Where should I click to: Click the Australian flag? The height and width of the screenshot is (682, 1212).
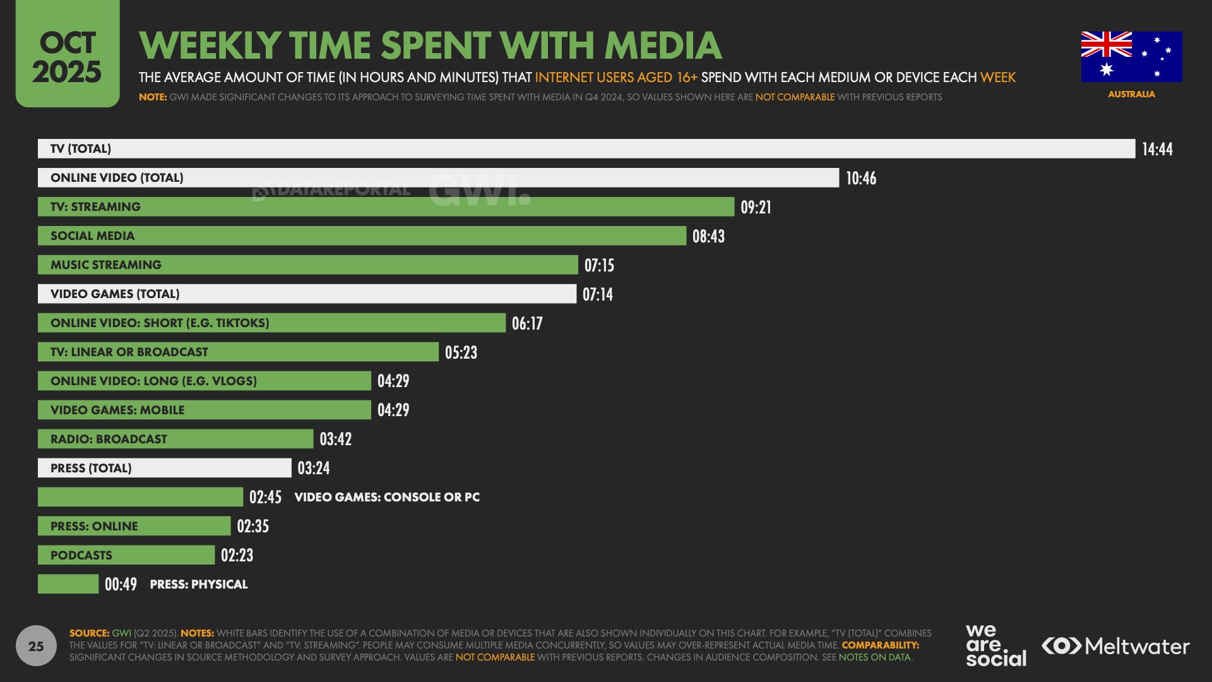[x=1131, y=57]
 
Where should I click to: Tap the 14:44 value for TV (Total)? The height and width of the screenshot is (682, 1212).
[x=1157, y=149]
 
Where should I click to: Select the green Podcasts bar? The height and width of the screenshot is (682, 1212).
[x=126, y=555]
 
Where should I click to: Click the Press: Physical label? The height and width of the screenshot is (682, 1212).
[x=198, y=584]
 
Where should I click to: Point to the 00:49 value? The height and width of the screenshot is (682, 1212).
[x=121, y=584]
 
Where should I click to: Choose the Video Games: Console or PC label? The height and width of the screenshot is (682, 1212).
[x=387, y=497]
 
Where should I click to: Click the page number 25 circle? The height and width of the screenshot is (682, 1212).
[x=36, y=645]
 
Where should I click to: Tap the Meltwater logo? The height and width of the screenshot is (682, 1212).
[x=1115, y=646]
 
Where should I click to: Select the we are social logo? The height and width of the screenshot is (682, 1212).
[x=995, y=645]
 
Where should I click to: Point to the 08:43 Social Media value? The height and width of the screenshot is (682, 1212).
[x=708, y=236]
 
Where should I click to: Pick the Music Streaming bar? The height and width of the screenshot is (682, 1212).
[x=307, y=265]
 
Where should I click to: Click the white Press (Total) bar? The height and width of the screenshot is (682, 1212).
[x=164, y=468]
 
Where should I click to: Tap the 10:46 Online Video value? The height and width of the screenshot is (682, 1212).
[x=861, y=178]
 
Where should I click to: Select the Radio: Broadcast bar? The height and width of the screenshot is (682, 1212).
[x=175, y=439]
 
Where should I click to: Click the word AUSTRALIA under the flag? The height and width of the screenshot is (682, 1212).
[x=1131, y=94]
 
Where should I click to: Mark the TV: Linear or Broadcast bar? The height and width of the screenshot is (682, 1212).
[x=238, y=352]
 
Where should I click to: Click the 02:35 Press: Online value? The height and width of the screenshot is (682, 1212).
[x=252, y=526]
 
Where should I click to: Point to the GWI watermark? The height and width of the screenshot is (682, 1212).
[x=479, y=190]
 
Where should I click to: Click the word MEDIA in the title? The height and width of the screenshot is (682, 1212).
[x=663, y=45]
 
